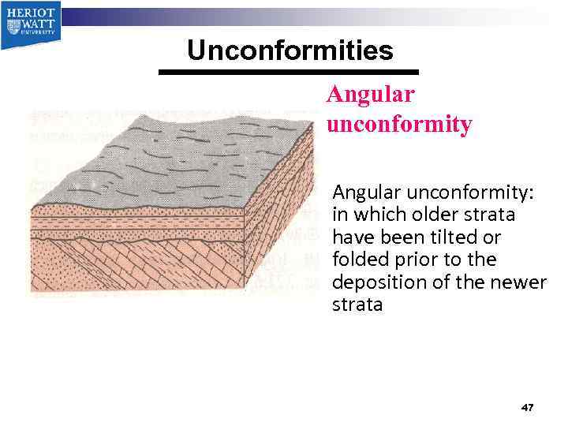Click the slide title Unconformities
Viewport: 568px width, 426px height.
pyautogui.click(x=290, y=50)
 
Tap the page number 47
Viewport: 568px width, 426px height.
pyautogui.click(x=528, y=407)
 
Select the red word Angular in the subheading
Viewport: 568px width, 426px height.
pyautogui.click(x=370, y=94)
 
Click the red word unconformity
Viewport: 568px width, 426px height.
pyautogui.click(x=398, y=124)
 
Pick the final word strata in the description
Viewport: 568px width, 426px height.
pyautogui.click(x=357, y=304)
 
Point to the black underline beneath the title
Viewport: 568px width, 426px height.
pyautogui.click(x=288, y=72)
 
